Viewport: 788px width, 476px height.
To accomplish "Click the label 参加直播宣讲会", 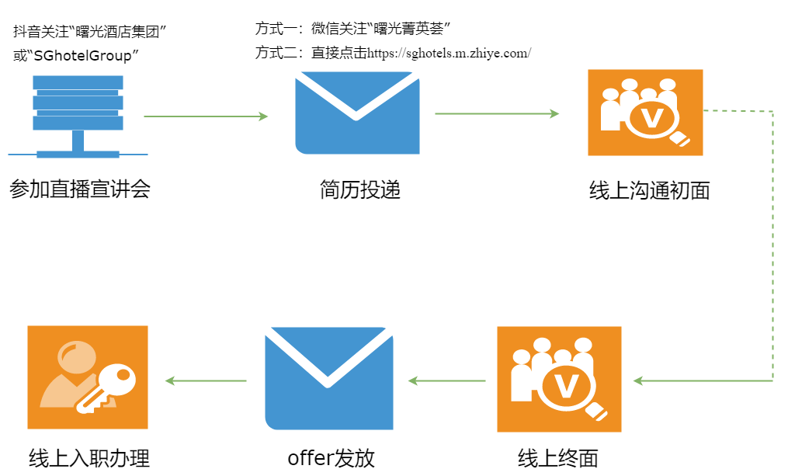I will point(79,189).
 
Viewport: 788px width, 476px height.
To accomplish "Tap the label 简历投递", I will point(359,189).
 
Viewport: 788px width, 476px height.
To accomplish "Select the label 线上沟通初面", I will point(649,190).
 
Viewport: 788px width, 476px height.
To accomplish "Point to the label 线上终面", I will point(557,457).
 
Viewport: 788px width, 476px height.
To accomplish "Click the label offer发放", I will point(331,457).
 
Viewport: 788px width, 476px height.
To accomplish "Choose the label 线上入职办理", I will point(88,457).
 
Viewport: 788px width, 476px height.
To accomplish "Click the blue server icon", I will point(78,115).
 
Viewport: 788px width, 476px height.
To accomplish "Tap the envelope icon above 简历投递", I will point(357,113).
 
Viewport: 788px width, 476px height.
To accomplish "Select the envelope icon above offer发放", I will point(328,378).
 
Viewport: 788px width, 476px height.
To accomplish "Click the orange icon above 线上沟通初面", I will point(644,113).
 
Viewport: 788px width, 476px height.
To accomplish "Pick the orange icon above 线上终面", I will point(559,379).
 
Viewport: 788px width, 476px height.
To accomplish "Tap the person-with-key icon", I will point(87,378).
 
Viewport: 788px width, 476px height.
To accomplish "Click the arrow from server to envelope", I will point(206,116).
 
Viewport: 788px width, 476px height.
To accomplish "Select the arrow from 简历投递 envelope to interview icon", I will point(497,114).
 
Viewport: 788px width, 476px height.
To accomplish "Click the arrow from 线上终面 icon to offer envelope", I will point(447,380).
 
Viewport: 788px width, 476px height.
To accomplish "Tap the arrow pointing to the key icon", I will point(207,380).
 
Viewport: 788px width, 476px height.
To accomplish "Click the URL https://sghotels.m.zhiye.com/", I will point(449,53).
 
